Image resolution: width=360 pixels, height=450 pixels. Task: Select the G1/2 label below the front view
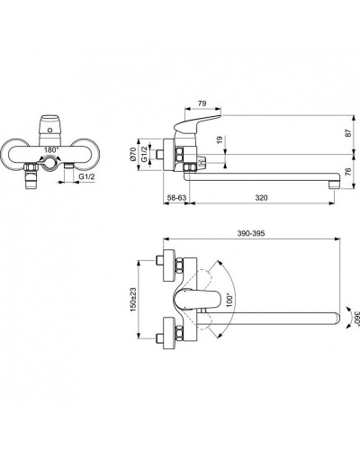click(87, 178)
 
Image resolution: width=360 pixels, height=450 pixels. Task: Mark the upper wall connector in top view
click(166, 262)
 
